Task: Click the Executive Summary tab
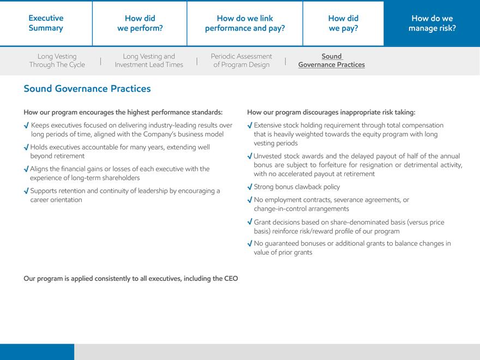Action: click(46, 23)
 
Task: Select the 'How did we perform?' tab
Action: click(140, 23)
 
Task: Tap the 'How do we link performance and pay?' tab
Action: click(245, 23)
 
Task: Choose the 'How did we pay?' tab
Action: click(343, 23)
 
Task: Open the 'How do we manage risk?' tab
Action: click(433, 23)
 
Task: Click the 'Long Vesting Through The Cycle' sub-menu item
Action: click(57, 61)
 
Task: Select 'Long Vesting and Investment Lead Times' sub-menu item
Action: click(149, 61)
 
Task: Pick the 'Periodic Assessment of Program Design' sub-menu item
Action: click(241, 61)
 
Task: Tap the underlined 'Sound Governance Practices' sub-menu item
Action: click(331, 61)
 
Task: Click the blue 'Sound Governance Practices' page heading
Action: click(87, 88)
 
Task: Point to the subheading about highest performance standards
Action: click(123, 112)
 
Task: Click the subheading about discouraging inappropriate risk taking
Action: click(331, 112)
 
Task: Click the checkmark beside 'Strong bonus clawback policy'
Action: click(250, 187)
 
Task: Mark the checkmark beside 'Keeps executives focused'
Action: click(26, 125)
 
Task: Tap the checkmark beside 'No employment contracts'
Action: click(250, 200)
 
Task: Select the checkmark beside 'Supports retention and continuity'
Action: click(26, 191)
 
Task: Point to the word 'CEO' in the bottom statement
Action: click(231, 278)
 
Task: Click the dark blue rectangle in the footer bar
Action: click(37, 352)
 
